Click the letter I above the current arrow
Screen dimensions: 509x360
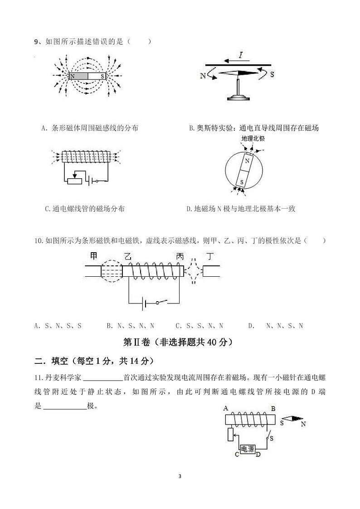pyautogui.click(x=241, y=56)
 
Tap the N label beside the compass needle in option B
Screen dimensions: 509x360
pyautogui.click(x=203, y=76)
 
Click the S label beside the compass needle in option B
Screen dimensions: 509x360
pyautogui.click(x=272, y=74)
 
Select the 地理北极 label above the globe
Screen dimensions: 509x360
pyautogui.click(x=253, y=139)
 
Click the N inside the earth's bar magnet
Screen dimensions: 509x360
pyautogui.click(x=247, y=161)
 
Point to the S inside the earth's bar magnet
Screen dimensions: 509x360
pyautogui.click(x=242, y=182)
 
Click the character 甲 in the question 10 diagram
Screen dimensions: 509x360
pyautogui.click(x=94, y=256)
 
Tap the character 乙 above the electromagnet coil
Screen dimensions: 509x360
pyautogui.click(x=128, y=256)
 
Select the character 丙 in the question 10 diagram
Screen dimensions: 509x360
pyautogui.click(x=180, y=256)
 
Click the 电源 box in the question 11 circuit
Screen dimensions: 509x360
pyautogui.click(x=247, y=449)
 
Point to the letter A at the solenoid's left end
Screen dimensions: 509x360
pyautogui.click(x=225, y=409)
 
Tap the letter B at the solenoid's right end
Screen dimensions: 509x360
pyautogui.click(x=273, y=409)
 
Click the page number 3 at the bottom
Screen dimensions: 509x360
pyautogui.click(x=180, y=476)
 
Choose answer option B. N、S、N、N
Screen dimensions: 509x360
pyautogui.click(x=131, y=326)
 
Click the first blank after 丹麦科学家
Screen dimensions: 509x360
pyautogui.click(x=103, y=377)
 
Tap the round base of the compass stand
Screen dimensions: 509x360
pyautogui.click(x=238, y=97)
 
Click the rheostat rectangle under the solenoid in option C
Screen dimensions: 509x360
pyautogui.click(x=74, y=181)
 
